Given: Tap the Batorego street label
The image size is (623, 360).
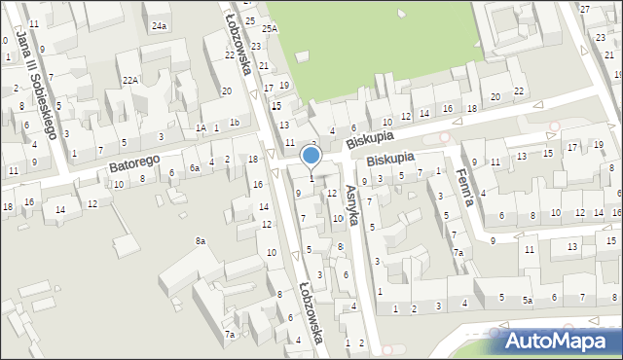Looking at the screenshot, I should coord(132,166).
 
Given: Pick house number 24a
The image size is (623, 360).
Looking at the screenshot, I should coord(159,26).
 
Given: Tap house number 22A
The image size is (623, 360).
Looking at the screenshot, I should coord(128,80).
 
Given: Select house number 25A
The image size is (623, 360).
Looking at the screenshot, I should coord(269,29).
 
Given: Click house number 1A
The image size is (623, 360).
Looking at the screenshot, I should coord(201,127).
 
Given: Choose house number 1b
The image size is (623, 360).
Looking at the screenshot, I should coord(234,122).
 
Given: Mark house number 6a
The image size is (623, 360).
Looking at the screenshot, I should coord(195,167).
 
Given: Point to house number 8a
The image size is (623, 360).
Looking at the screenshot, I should coord(201,240).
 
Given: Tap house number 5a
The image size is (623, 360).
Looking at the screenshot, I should coord(528,301).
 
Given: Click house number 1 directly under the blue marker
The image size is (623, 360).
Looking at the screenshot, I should coord(311,178).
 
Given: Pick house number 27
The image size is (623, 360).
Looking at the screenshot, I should coord(585,9).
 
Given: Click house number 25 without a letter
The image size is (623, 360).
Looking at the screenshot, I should coord(249,20).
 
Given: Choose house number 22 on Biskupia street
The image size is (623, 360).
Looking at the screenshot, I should coord(519,91).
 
